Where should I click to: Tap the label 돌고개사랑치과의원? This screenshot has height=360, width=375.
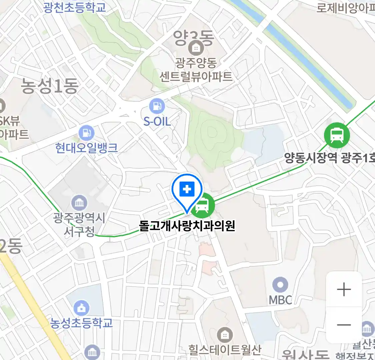click(x=187, y=226)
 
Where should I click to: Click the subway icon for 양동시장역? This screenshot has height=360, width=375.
click(x=337, y=135)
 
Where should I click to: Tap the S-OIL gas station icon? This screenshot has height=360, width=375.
click(x=157, y=106)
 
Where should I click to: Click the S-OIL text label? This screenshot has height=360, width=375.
click(x=157, y=121)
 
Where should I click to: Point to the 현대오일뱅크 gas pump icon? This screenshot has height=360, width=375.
click(x=86, y=133)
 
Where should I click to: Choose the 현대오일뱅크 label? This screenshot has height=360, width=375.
click(x=87, y=148)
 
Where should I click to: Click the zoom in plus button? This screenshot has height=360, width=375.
click(x=344, y=289)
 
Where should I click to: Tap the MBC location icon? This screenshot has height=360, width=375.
click(x=280, y=285)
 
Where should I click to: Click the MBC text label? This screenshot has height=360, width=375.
click(x=280, y=300)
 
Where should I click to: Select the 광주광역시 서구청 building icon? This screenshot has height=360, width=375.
click(x=79, y=203)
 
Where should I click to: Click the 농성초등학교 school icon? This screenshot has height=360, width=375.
click(x=81, y=309)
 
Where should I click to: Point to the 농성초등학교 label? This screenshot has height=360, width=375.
click(x=82, y=323)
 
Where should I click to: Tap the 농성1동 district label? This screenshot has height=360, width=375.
click(x=50, y=86)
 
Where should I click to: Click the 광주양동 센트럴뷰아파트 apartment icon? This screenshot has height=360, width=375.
click(x=196, y=48)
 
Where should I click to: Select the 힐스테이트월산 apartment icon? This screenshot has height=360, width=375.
click(x=225, y=335)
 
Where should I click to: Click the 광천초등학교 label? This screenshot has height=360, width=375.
click(x=74, y=7)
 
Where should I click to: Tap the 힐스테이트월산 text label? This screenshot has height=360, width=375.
click(x=225, y=350)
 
